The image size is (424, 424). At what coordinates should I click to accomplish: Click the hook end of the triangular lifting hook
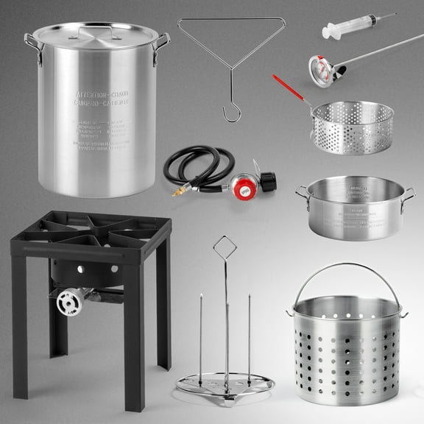pyautogui.click(x=232, y=113)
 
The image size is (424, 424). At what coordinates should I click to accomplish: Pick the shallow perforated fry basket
pyautogui.click(x=352, y=126)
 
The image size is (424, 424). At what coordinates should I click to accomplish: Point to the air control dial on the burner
pyautogui.click(x=71, y=301)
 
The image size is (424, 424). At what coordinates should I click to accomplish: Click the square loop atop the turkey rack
pyautogui.click(x=225, y=247)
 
